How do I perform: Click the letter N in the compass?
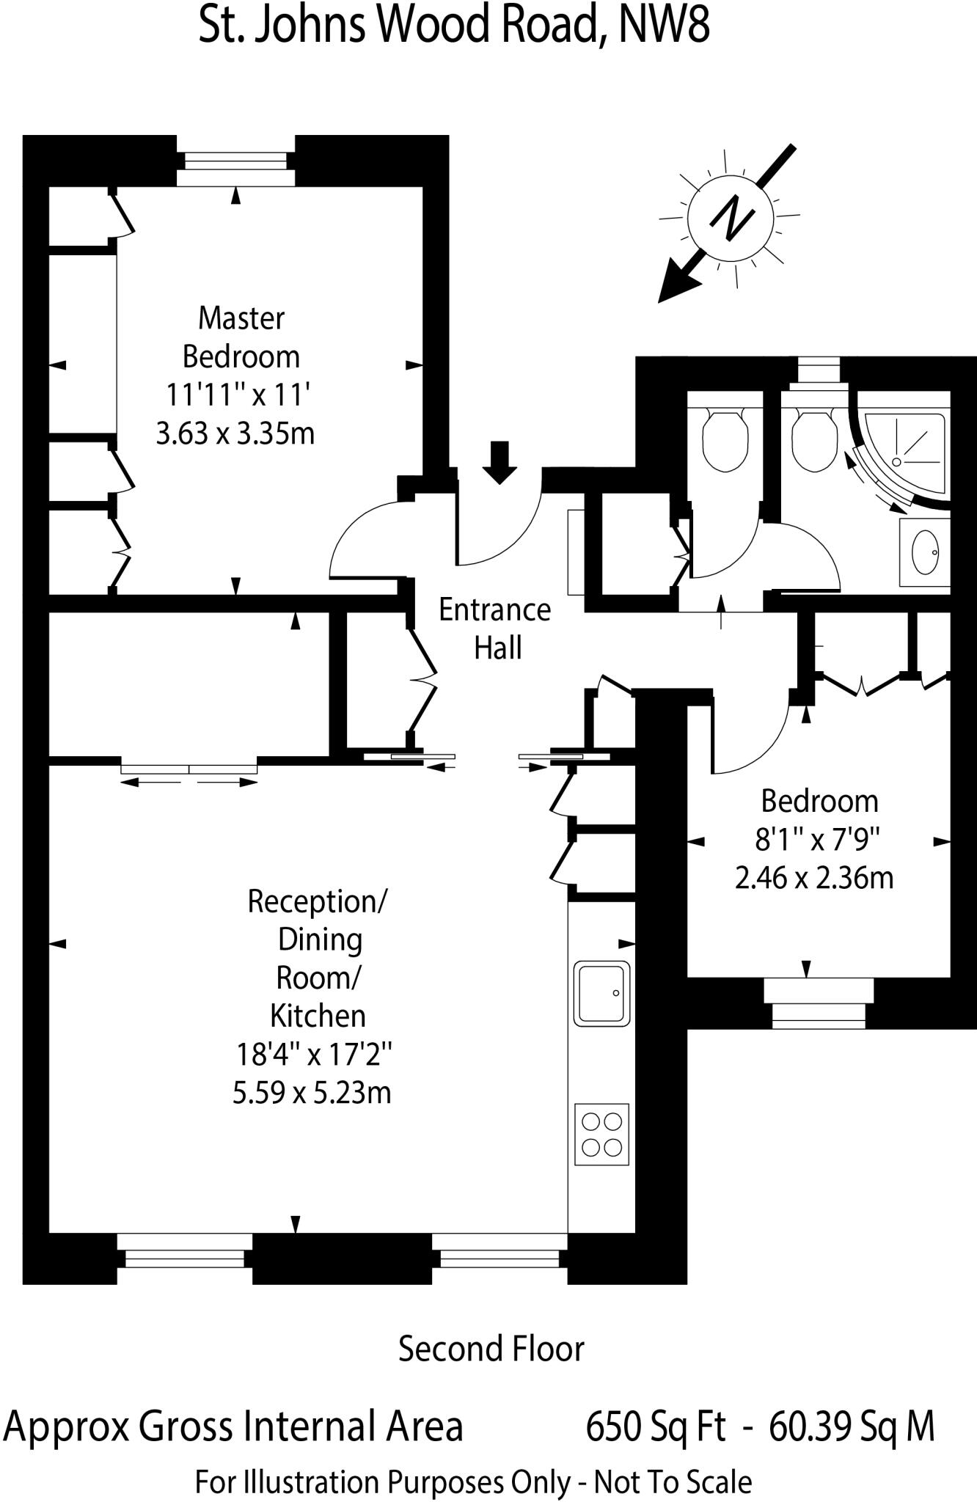tap(730, 218)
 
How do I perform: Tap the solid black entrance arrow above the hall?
tap(500, 462)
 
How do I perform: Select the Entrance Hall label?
tap(495, 629)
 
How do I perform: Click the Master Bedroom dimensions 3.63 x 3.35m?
tap(235, 433)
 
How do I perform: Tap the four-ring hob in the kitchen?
tap(601, 1134)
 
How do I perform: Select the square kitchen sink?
tap(601, 993)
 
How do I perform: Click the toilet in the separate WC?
tap(725, 439)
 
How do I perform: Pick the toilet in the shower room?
tap(815, 439)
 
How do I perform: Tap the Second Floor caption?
tap(491, 1349)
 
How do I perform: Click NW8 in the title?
tap(664, 26)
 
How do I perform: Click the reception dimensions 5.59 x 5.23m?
tap(312, 1093)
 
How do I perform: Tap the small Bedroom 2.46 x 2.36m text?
tap(814, 877)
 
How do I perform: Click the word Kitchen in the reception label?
tap(318, 1016)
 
